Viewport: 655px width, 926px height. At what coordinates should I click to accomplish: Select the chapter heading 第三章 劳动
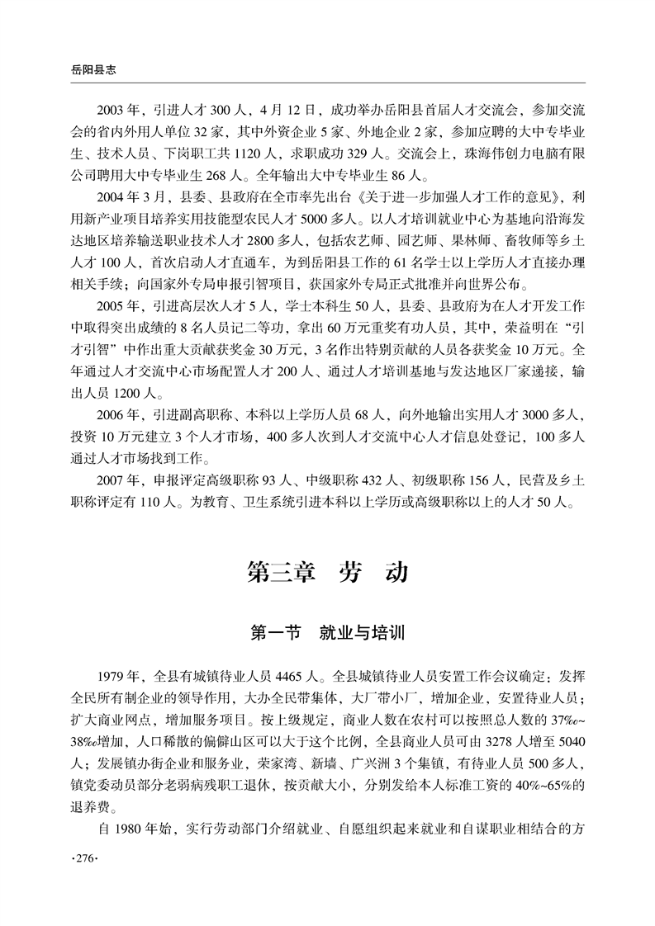(x=327, y=573)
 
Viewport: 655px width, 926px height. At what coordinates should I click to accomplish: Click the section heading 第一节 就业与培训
(x=327, y=635)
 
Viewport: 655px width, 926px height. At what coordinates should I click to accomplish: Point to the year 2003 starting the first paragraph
(x=112, y=109)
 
